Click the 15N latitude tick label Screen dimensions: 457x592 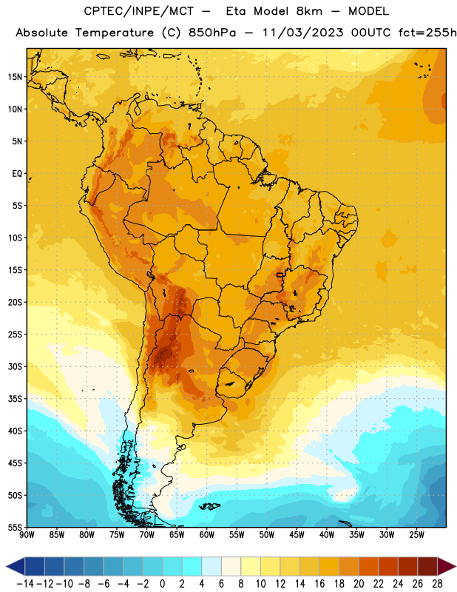point(15,77)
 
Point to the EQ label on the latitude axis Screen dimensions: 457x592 point(17,174)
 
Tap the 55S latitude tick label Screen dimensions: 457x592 point(15,527)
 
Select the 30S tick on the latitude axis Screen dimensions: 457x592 point(15,366)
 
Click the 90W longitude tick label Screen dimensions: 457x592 point(27,535)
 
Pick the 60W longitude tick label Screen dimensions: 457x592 point(207,535)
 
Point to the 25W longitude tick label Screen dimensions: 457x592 point(416,535)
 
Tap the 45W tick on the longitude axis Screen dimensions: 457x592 point(297,535)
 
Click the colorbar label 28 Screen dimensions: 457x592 point(437,584)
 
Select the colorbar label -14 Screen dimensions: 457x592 point(25,584)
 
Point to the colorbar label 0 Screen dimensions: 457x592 point(162,584)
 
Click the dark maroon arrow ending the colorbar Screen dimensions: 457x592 point(447,566)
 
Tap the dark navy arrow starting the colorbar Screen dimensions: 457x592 point(16,566)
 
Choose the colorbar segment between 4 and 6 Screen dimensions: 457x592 point(211,566)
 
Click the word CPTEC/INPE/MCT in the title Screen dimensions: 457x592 point(138,11)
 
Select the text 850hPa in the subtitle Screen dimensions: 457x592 point(212,33)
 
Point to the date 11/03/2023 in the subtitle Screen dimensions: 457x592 point(303,33)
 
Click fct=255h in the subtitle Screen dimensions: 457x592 point(427,33)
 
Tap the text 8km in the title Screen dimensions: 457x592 point(309,11)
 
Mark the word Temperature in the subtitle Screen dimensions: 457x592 point(115,33)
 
